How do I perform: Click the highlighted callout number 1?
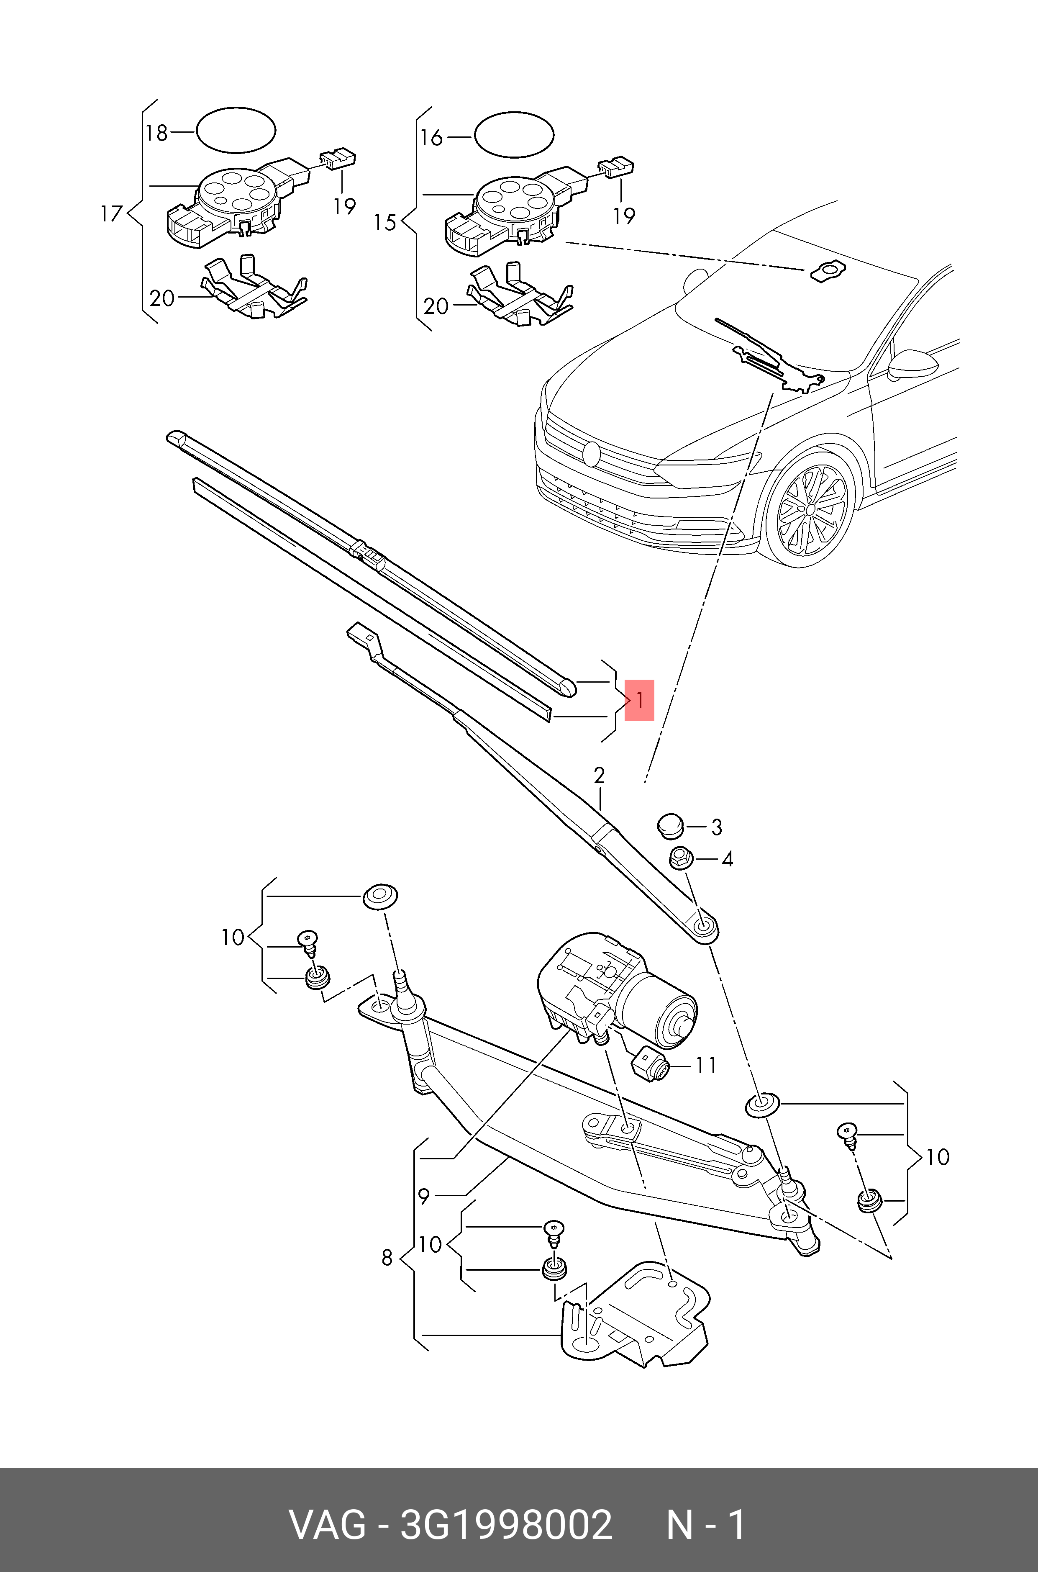tap(639, 700)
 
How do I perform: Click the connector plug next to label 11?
tap(650, 1064)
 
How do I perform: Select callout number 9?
tap(424, 1196)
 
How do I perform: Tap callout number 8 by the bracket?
tap(388, 1257)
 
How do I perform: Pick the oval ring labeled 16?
tap(514, 136)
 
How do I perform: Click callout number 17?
tap(111, 214)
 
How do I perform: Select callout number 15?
tap(384, 223)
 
